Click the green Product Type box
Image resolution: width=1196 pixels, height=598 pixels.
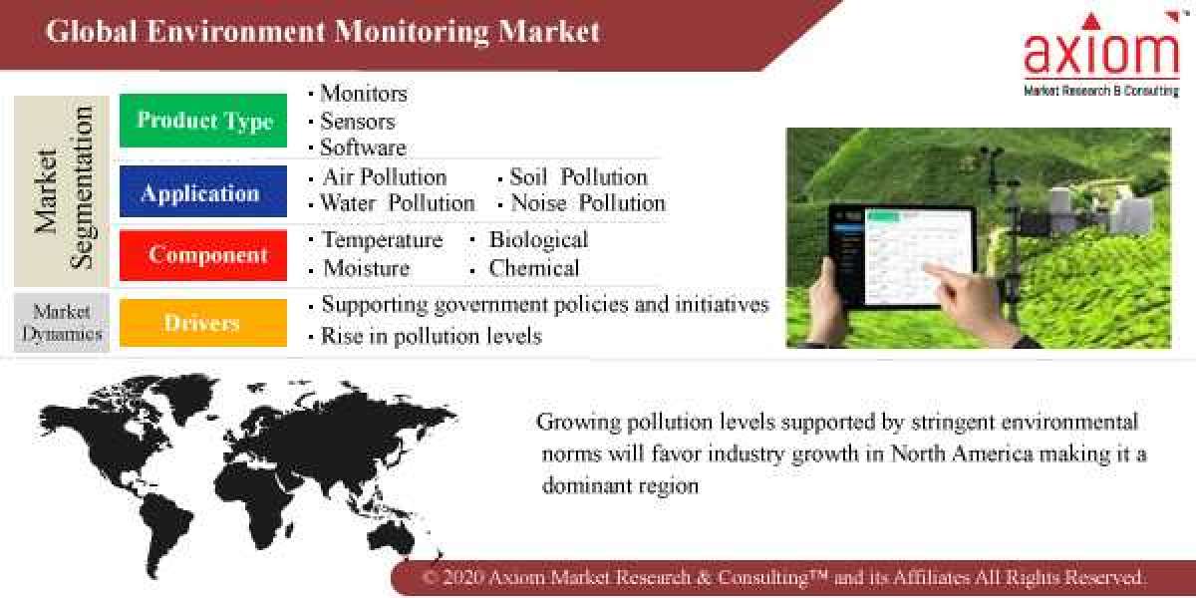tap(203, 121)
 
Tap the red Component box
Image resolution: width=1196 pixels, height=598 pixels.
tap(203, 255)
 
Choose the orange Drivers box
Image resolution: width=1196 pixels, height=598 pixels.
tap(203, 323)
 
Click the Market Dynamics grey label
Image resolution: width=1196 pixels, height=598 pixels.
tap(62, 323)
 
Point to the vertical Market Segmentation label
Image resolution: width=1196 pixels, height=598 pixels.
tap(63, 190)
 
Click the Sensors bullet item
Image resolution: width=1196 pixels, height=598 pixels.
tap(357, 122)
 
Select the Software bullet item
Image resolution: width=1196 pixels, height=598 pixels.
tap(363, 148)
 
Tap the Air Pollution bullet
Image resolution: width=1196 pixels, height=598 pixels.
tap(384, 177)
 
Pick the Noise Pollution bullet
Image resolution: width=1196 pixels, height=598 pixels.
tap(587, 203)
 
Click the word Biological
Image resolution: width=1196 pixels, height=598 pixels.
tap(538, 240)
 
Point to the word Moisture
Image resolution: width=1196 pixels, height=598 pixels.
tap(366, 268)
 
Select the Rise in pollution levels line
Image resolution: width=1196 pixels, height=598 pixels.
tap(431, 336)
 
